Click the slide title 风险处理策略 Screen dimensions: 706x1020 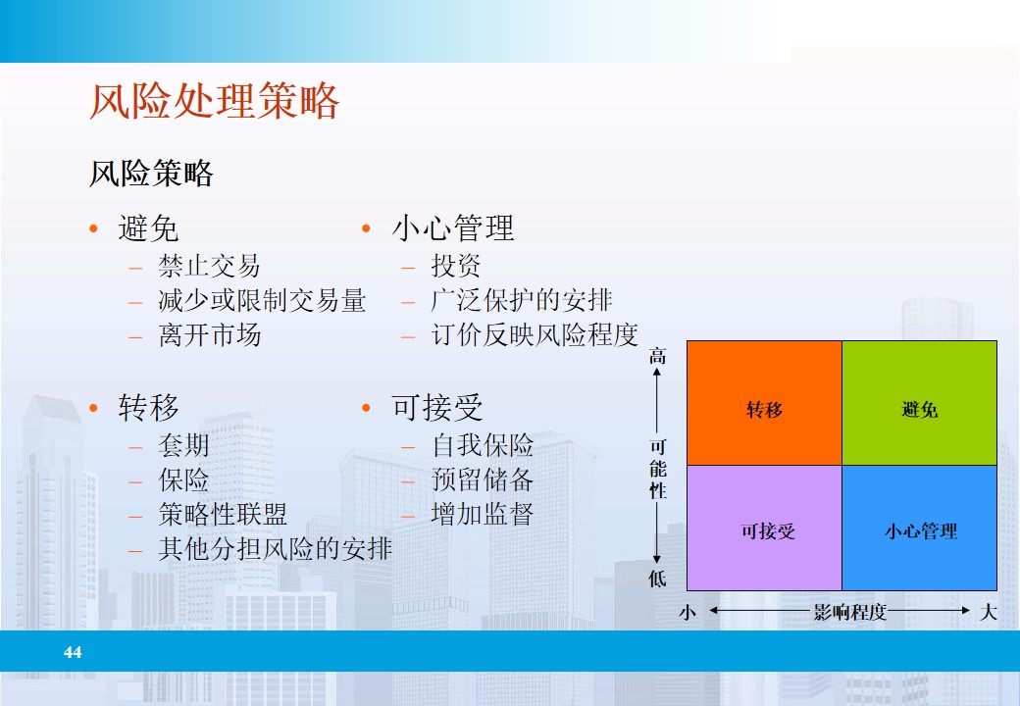coord(214,102)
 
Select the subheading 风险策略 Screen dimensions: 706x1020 coord(151,175)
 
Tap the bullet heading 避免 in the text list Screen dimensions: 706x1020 coord(148,228)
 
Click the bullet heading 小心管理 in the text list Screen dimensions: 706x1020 coord(452,228)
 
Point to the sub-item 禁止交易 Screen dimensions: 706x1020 coord(209,266)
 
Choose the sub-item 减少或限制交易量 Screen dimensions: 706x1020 coord(262,300)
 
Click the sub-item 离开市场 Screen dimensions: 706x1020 coord(209,335)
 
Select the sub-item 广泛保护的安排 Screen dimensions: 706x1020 coord(521,300)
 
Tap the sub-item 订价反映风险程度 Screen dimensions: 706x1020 coord(535,335)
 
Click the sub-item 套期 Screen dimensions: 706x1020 coord(183,446)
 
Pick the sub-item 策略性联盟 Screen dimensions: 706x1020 coord(223,515)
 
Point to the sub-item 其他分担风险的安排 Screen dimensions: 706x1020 coord(275,549)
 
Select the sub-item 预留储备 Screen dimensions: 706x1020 coord(483,480)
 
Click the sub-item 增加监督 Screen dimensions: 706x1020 coord(483,515)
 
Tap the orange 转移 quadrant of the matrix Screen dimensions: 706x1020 coord(764,403)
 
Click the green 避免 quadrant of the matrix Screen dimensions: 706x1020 coord(919,403)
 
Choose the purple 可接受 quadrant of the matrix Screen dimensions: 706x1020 coord(764,529)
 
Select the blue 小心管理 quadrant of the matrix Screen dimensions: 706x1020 coord(919,529)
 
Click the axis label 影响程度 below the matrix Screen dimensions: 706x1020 coord(849,613)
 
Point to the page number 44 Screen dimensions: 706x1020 coord(73,652)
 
